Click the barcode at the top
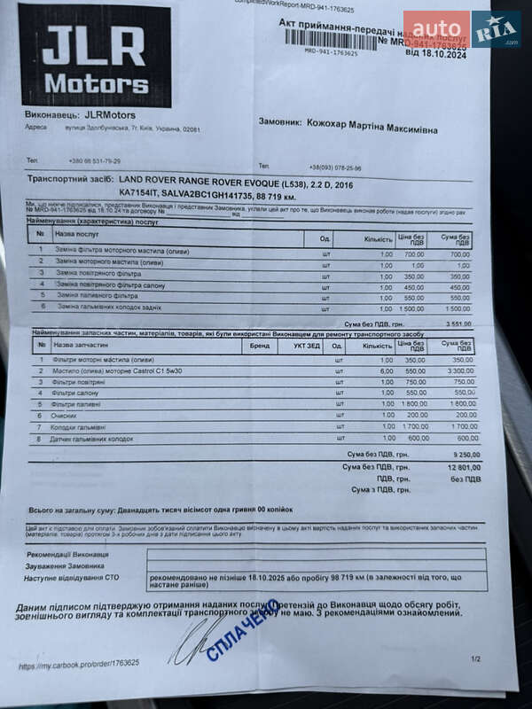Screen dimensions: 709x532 (330, 40)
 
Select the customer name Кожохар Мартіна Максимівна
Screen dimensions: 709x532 (372, 128)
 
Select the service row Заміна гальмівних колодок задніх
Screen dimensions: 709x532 (110, 307)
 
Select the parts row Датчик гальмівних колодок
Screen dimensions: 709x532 (93, 439)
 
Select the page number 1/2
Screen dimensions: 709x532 (475, 658)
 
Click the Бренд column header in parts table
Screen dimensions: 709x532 (259, 347)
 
